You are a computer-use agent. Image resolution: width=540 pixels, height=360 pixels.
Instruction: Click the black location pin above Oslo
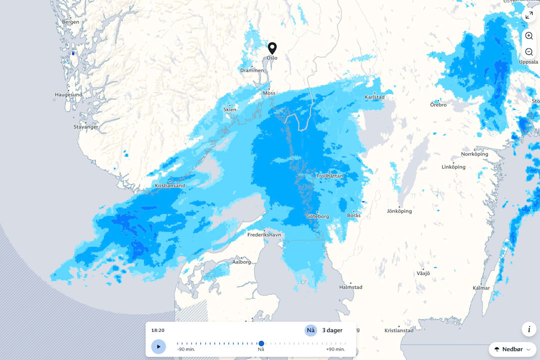tap(272, 47)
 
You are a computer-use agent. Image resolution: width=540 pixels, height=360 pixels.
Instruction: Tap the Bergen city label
tap(70, 22)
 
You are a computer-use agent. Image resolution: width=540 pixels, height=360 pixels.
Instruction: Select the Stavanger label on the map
tap(86, 127)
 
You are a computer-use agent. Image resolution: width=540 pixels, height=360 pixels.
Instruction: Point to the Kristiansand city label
tap(170, 185)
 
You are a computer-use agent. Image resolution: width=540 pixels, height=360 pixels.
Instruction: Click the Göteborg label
tap(317, 216)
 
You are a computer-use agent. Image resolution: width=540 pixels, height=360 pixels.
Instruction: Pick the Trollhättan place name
tap(329, 176)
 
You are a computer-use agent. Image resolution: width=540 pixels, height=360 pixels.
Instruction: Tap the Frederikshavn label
tap(264, 234)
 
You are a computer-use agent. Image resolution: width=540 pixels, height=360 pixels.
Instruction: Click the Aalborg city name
tap(242, 261)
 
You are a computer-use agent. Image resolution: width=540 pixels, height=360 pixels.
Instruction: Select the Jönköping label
tap(399, 211)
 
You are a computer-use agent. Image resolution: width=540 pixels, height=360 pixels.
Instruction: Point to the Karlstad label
tap(374, 96)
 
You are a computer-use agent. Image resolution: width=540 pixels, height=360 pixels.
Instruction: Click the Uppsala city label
tap(528, 62)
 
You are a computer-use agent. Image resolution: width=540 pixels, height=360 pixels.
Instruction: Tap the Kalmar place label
tap(481, 287)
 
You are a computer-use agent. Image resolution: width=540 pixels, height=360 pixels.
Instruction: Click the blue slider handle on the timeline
tap(261, 343)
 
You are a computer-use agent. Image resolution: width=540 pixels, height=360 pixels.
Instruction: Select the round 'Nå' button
tap(310, 330)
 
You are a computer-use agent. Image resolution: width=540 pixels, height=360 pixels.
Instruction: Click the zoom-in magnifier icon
tap(529, 36)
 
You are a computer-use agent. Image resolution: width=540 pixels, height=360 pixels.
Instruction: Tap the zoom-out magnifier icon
tap(529, 52)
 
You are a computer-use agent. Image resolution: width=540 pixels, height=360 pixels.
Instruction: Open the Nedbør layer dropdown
tap(512, 349)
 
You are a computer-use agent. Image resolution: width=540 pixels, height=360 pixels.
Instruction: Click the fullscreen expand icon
tap(529, 15)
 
